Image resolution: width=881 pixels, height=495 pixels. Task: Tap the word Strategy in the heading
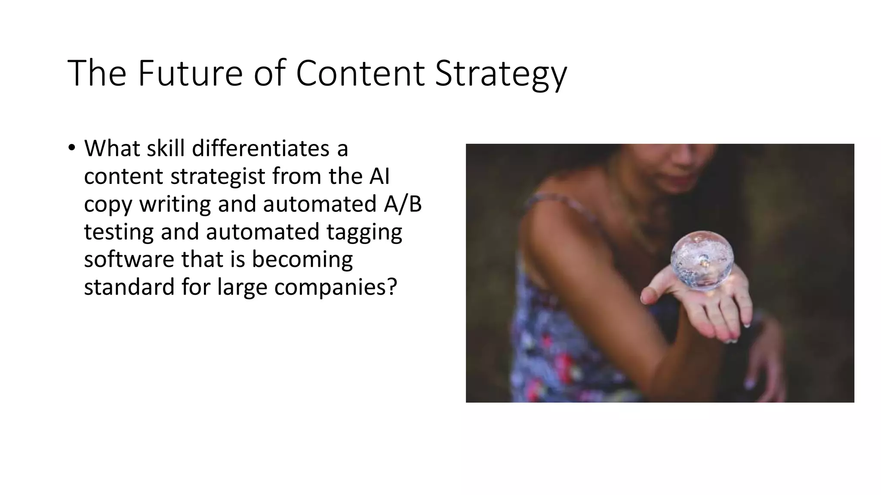[x=501, y=74]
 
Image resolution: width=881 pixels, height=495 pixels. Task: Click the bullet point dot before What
[x=71, y=148]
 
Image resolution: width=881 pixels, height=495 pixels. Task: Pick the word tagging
[x=364, y=232]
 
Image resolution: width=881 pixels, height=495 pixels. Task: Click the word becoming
[x=302, y=260]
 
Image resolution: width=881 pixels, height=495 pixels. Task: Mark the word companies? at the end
[x=335, y=287]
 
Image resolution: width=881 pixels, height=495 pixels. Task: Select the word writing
[x=175, y=205]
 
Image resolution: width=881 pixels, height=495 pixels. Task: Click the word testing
[x=119, y=232]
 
